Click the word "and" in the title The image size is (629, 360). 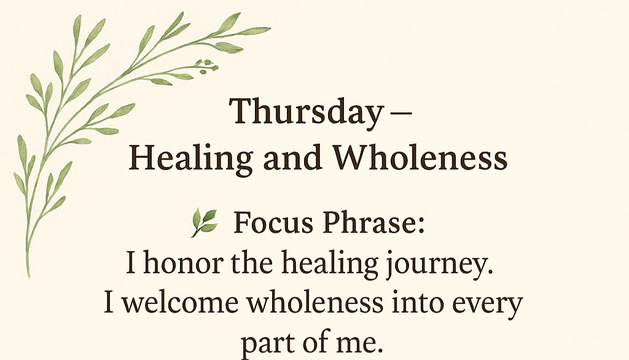292,157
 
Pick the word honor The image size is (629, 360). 183,263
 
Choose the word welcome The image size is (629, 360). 181,303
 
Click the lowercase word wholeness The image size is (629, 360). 314,303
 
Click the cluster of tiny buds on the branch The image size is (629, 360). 207,66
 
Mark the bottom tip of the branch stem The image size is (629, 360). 29,277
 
